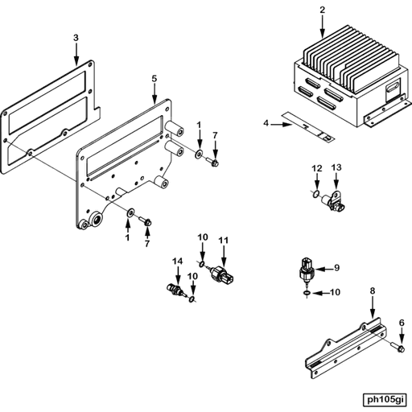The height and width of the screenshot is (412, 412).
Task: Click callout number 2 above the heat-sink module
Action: coord(323,10)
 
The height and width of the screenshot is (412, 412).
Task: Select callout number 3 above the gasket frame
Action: coord(76,38)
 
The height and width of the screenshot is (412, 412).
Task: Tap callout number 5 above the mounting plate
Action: coord(154,79)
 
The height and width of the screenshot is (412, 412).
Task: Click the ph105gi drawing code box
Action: coord(385,400)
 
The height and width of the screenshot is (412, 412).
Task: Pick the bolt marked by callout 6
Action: coord(398,347)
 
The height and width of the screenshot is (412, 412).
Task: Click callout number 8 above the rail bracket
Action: coord(373,290)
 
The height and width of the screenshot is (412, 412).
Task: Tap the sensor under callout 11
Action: coord(221,274)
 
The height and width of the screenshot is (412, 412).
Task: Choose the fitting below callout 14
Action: coord(175,290)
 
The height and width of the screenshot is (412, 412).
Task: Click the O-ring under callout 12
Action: coord(316,193)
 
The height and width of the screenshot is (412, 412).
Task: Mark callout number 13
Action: coord(336,167)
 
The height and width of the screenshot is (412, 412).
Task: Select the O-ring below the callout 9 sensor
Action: coord(307,293)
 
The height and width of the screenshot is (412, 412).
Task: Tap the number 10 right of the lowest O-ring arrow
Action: coord(335,292)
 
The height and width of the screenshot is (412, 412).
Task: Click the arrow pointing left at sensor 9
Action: coord(323,269)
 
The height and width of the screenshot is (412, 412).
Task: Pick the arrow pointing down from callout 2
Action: coord(323,27)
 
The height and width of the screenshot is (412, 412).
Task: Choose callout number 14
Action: coord(177,261)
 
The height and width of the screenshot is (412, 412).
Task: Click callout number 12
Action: coord(317,168)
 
